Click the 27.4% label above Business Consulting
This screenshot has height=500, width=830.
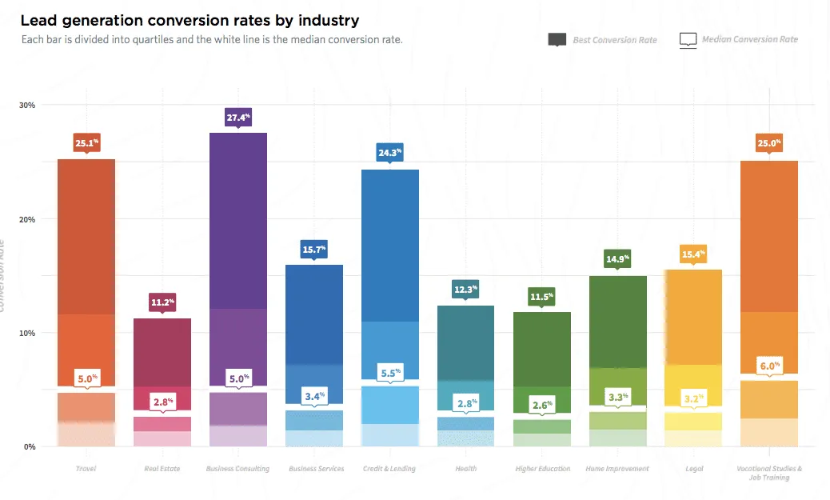(x=238, y=117)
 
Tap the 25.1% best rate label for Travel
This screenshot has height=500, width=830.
(x=86, y=144)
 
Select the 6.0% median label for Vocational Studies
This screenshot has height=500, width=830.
(x=769, y=365)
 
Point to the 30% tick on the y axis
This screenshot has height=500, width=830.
(x=27, y=105)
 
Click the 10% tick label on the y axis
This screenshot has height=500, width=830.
(x=27, y=333)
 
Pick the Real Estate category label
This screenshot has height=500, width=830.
(x=162, y=469)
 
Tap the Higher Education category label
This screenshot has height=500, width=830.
(x=542, y=469)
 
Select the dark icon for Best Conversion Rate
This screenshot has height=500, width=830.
(x=557, y=39)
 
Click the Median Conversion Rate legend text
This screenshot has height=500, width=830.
(x=749, y=39)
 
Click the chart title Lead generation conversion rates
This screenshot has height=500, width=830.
(x=190, y=20)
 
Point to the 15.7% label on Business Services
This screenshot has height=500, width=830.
(x=314, y=250)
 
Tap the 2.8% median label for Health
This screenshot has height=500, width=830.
(x=466, y=402)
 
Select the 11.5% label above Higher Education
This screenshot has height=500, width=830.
(x=542, y=297)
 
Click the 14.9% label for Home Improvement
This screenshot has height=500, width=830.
(x=617, y=258)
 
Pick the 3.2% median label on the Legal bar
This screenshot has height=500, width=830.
(x=693, y=398)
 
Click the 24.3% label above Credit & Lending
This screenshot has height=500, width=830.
(x=389, y=151)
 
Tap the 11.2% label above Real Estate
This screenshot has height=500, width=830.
(x=162, y=302)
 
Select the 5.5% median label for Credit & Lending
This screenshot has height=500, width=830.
(x=389, y=372)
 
